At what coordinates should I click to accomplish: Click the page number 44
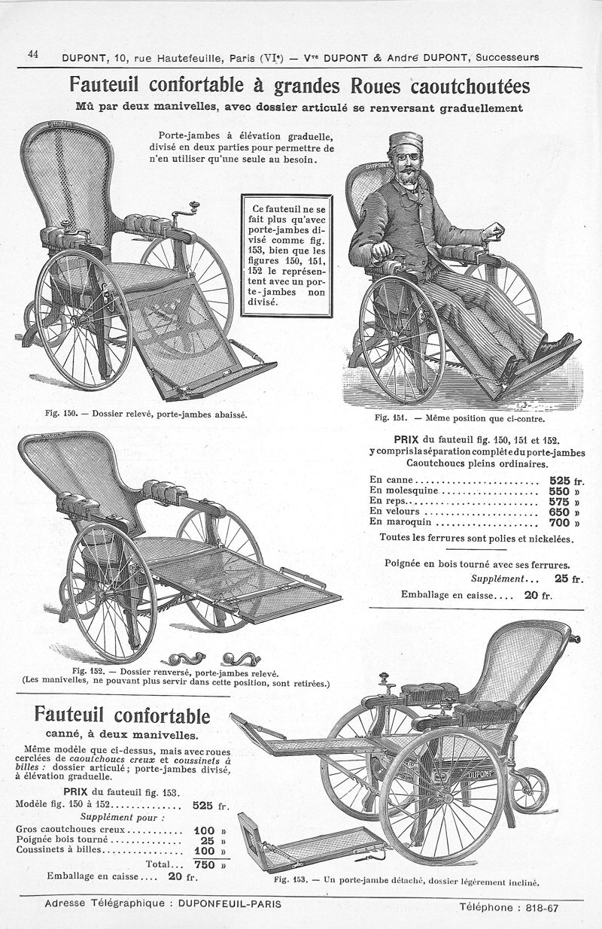32,54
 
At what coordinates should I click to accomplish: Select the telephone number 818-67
541,907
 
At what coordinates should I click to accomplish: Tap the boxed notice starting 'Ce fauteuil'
284,256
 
